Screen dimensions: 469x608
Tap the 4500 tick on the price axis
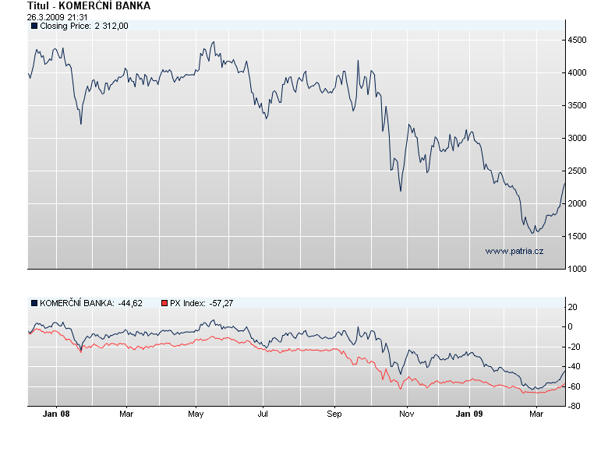578,40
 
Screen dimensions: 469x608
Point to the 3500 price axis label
578,105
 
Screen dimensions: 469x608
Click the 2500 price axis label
578,171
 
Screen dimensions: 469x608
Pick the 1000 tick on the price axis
578,270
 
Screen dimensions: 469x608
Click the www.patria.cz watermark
514,251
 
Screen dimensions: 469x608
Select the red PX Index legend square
164,302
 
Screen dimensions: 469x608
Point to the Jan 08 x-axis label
56,414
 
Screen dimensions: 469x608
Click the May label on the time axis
196,414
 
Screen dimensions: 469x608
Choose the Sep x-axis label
334,414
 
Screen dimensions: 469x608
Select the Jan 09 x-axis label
469,414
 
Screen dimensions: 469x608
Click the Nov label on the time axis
405,414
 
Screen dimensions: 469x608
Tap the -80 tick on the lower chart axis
574,406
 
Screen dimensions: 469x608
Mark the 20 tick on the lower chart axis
573,308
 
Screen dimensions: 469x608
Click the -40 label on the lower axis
574,366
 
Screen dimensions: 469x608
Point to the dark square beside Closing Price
34,26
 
